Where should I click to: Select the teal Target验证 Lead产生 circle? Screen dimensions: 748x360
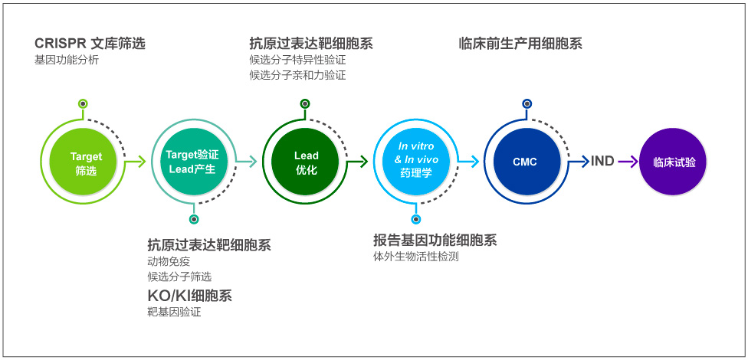tap(192, 162)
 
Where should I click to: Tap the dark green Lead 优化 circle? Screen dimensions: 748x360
tap(305, 162)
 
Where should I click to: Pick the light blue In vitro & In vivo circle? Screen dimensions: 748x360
tap(416, 162)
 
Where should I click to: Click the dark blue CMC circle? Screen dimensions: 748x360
tap(527, 162)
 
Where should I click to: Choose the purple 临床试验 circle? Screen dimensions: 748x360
tap(673, 162)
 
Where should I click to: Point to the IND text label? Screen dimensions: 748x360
tap(602, 162)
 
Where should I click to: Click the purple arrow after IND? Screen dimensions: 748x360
tap(628, 162)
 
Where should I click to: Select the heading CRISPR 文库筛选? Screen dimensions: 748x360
tap(90, 44)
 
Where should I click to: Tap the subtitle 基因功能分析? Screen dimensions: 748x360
tap(67, 61)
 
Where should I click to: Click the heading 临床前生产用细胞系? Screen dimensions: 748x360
tap(520, 44)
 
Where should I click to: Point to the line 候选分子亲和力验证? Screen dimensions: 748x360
tap(297, 75)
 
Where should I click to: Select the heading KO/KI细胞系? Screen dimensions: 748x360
tap(190, 296)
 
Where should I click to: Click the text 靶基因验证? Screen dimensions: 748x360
tap(175, 313)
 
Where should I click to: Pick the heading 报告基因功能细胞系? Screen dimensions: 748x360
tap(435, 240)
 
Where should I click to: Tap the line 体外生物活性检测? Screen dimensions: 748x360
tap(416, 257)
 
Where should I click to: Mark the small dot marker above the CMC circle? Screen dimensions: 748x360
tap(527, 103)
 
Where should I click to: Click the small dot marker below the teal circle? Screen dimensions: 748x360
tap(194, 219)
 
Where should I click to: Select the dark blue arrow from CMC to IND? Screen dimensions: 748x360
tap(579, 162)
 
